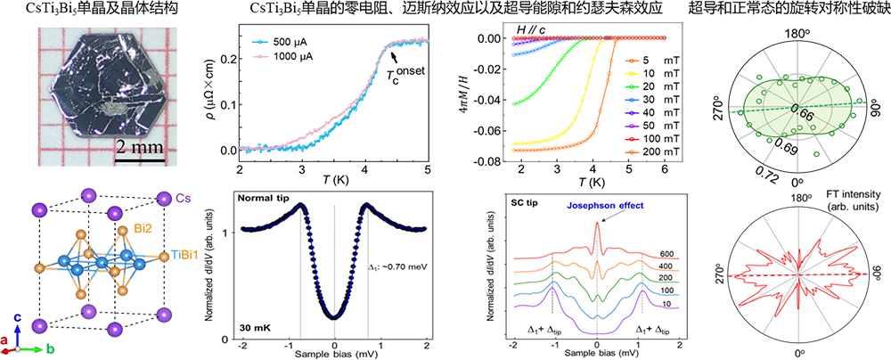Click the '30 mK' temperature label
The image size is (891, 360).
pos(256,326)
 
